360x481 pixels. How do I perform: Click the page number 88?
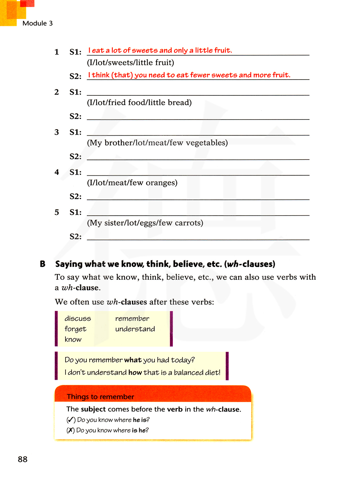click(x=23, y=459)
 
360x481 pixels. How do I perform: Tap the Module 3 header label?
click(x=37, y=23)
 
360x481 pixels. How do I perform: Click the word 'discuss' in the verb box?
click(x=78, y=319)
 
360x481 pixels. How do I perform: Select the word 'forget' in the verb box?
click(x=75, y=329)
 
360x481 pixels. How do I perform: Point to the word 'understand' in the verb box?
click(x=135, y=329)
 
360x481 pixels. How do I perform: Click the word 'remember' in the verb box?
click(x=132, y=319)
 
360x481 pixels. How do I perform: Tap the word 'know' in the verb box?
click(x=73, y=340)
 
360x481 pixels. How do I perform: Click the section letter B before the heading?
click(x=42, y=264)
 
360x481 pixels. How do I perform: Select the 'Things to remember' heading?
click(x=100, y=397)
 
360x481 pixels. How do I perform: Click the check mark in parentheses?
click(x=71, y=420)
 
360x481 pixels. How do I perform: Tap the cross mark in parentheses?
click(x=71, y=431)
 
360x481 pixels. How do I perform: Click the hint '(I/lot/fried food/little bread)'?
click(x=139, y=103)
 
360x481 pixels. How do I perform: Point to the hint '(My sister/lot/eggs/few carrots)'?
click(x=145, y=223)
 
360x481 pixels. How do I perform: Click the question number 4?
click(x=57, y=172)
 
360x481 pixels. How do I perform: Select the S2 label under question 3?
click(x=76, y=157)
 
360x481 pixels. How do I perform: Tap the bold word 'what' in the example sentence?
click(x=133, y=360)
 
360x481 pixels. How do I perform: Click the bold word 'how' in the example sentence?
click(x=135, y=373)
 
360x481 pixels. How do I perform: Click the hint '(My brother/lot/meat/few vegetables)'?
click(x=157, y=143)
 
